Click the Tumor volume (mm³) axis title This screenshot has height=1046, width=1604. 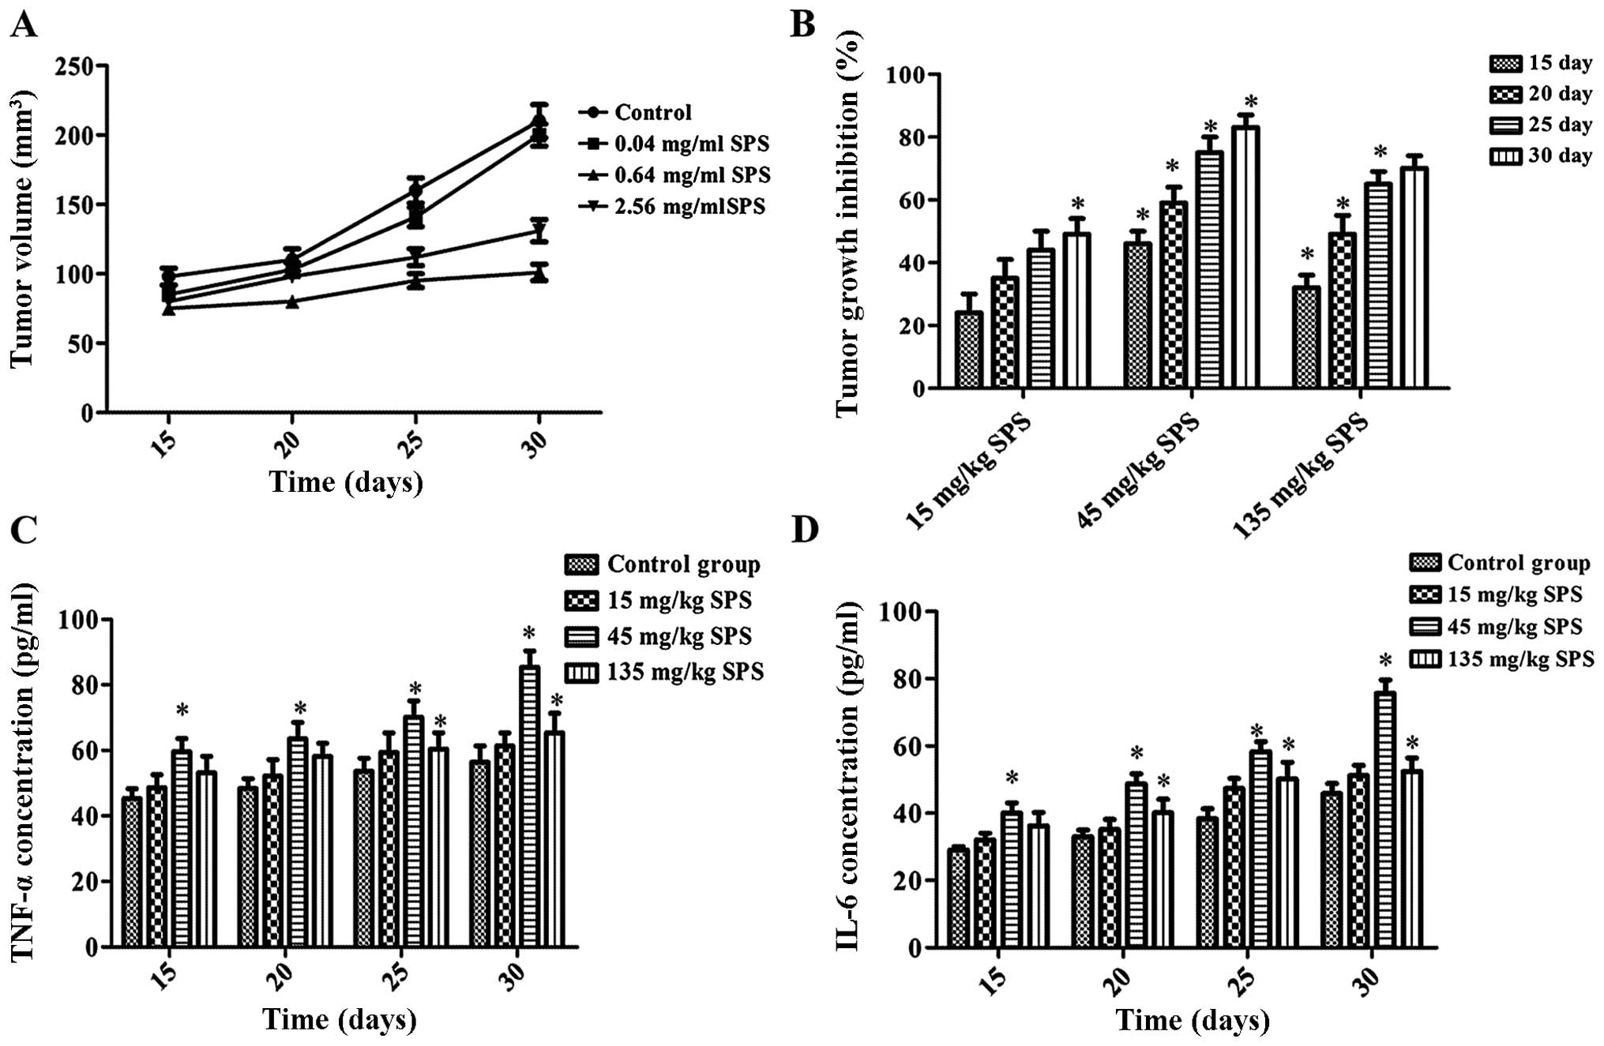point(23,229)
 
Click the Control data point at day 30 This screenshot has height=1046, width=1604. point(539,122)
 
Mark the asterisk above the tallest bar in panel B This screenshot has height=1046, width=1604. point(1250,103)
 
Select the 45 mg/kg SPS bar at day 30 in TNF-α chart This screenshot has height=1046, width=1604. point(529,805)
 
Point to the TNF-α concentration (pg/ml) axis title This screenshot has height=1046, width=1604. point(24,772)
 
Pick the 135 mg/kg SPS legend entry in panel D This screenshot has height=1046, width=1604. point(1519,658)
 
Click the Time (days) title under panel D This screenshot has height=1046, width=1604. point(1192,1020)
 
